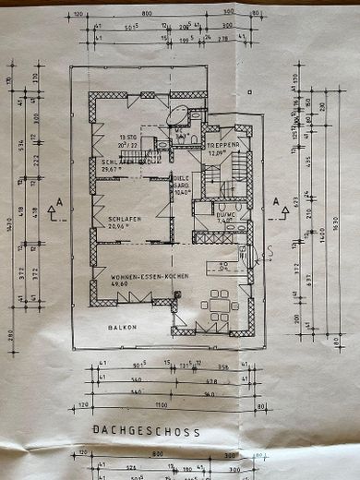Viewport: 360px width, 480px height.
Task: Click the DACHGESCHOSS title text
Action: pyautogui.click(x=146, y=431)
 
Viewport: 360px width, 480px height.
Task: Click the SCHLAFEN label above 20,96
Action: pyautogui.click(x=121, y=218)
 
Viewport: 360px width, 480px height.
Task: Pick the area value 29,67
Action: pyautogui.click(x=111, y=169)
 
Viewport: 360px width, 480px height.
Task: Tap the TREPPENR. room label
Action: pyautogui.click(x=223, y=146)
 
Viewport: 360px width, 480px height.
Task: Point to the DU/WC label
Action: pyautogui.click(x=226, y=214)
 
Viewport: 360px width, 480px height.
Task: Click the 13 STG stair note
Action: pyautogui.click(x=151, y=138)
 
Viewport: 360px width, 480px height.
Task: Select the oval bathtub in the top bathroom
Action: pyautogui.click(x=177, y=114)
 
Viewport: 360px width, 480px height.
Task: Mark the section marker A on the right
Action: pyautogui.click(x=274, y=200)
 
